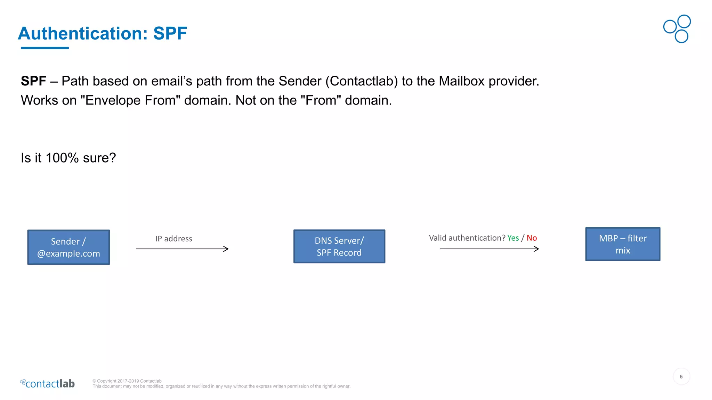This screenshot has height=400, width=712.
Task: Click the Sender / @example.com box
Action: pyautogui.click(x=68, y=247)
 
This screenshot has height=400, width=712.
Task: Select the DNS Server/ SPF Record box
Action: pyautogui.click(x=339, y=246)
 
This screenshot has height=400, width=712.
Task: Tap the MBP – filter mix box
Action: pyautogui.click(x=622, y=244)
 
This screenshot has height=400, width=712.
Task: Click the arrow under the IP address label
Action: pyautogui.click(x=182, y=249)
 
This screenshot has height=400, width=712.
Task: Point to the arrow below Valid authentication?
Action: pyautogui.click(x=489, y=249)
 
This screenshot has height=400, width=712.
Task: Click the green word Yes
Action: pyautogui.click(x=513, y=238)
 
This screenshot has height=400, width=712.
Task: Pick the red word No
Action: pyautogui.click(x=532, y=238)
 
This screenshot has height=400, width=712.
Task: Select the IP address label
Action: pyautogui.click(x=173, y=239)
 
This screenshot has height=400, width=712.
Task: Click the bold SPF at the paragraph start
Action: pyautogui.click(x=33, y=81)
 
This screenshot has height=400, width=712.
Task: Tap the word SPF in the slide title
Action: pyautogui.click(x=170, y=33)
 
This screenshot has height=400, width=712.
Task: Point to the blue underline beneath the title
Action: pyautogui.click(x=44, y=48)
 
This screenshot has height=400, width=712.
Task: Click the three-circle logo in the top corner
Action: pyautogui.click(x=677, y=29)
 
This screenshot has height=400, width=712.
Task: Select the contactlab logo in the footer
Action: pyautogui.click(x=48, y=383)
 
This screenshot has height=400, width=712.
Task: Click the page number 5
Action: pyautogui.click(x=681, y=376)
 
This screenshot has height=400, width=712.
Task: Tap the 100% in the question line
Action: pyautogui.click(x=62, y=158)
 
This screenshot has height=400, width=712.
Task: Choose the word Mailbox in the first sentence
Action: pyautogui.click(x=461, y=81)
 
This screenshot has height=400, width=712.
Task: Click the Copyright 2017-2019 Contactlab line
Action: pyautogui.click(x=127, y=381)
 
